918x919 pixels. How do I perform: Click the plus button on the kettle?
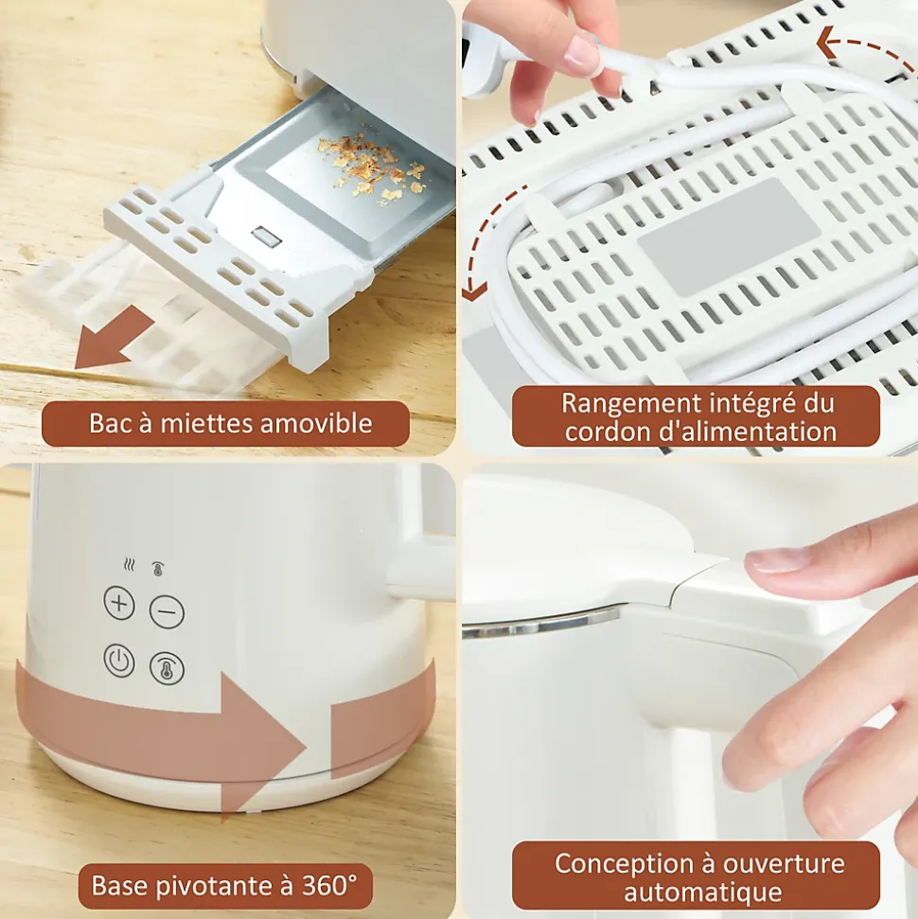click(x=119, y=603)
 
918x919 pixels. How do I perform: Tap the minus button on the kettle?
click(x=168, y=612)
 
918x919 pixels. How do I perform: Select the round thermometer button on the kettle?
click(x=168, y=669)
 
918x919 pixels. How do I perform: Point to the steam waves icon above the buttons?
click(x=130, y=565)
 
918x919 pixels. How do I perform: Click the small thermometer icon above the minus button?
click(x=158, y=568)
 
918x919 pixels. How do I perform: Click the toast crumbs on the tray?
click(x=369, y=167)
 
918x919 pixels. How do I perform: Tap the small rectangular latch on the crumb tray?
click(x=267, y=237)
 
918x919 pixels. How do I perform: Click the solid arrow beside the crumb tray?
click(x=115, y=338)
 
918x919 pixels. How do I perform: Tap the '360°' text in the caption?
click(x=329, y=885)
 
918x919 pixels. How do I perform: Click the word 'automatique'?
click(x=703, y=892)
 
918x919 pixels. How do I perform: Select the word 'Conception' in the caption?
click(x=624, y=864)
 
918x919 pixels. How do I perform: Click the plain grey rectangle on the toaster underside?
click(x=729, y=237)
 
